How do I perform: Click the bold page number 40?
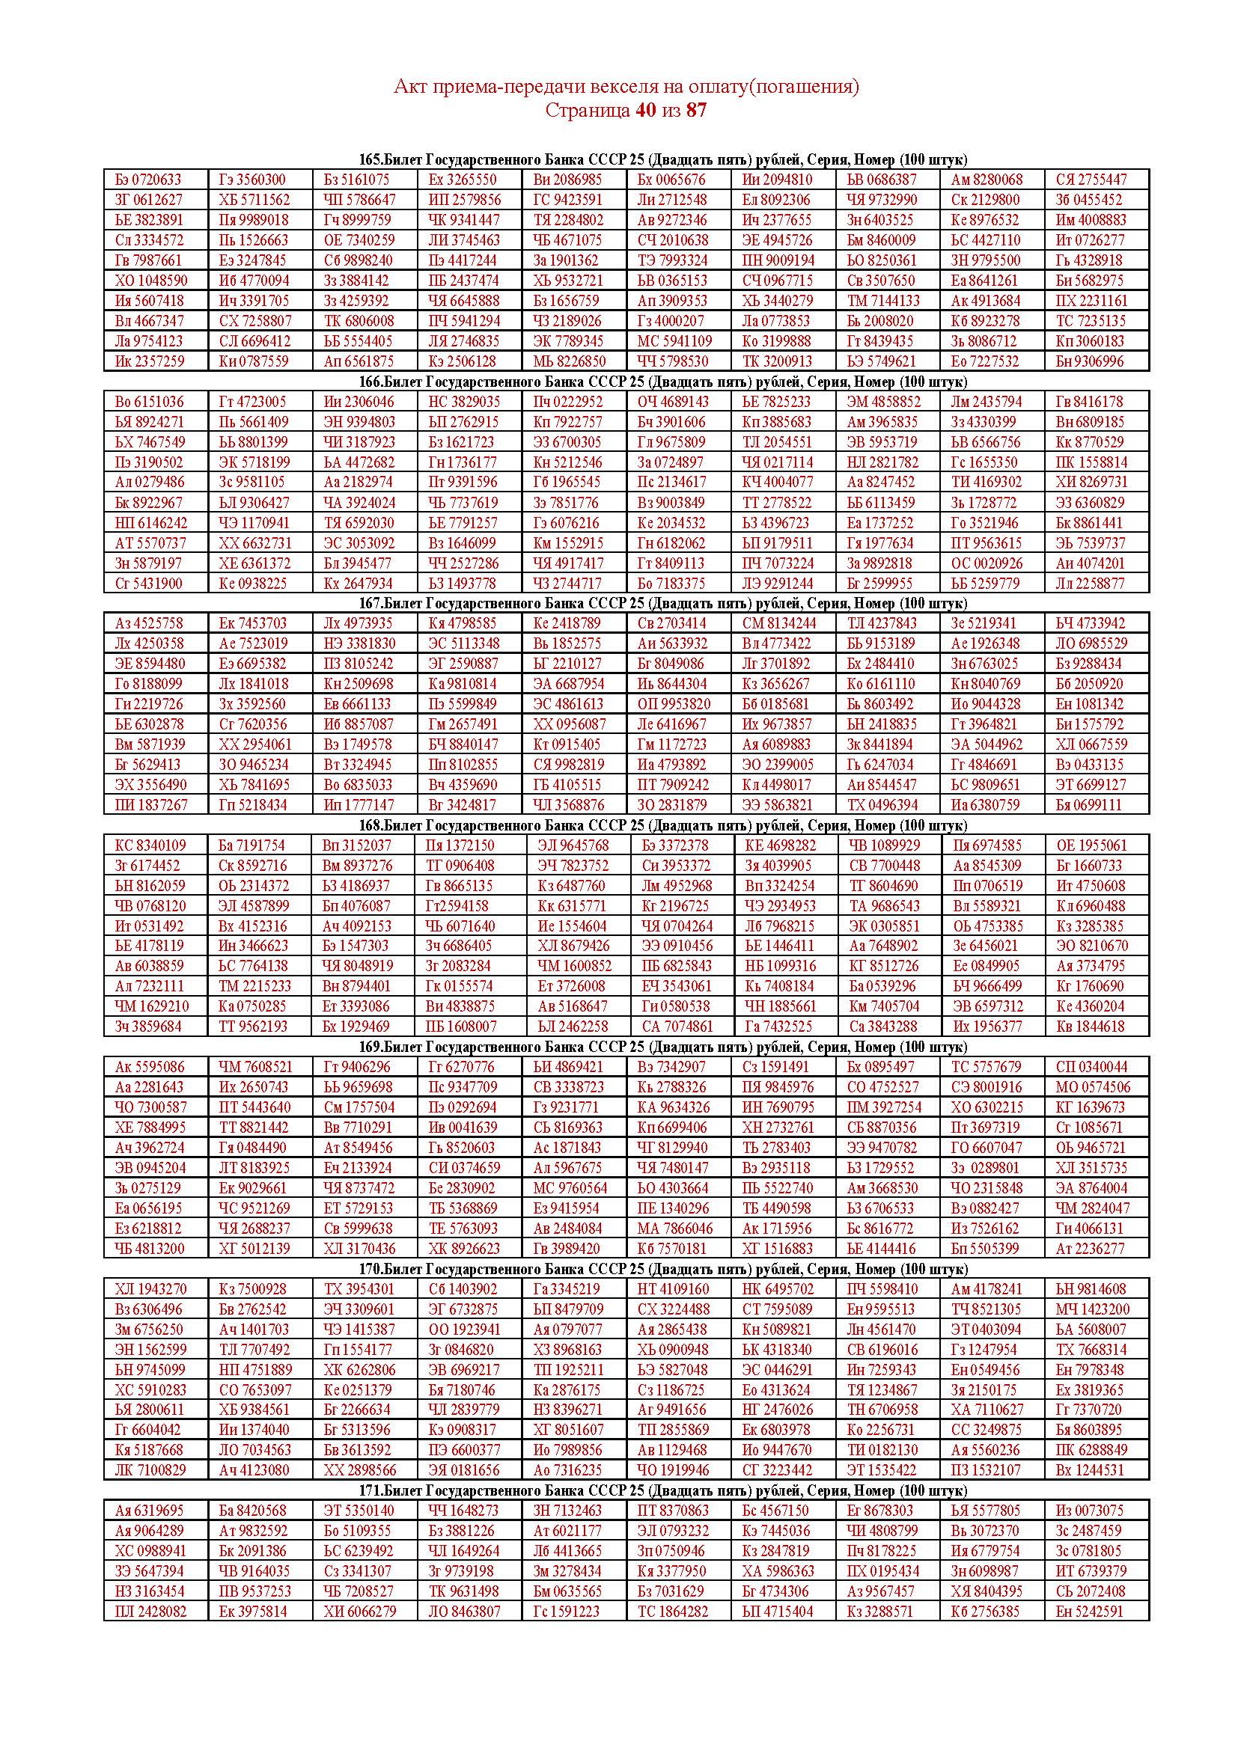(x=644, y=111)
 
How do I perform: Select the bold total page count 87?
(x=696, y=111)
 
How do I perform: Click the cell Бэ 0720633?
(x=149, y=180)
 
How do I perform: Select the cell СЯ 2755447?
(x=1090, y=180)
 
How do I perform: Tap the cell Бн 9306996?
(x=1090, y=361)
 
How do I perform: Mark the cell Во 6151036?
(x=149, y=402)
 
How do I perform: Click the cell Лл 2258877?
(x=1090, y=584)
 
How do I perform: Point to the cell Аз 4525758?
(x=149, y=623)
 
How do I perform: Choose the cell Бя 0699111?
(x=1090, y=805)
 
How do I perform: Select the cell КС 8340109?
(x=150, y=845)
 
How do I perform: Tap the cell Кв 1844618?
(x=1090, y=1027)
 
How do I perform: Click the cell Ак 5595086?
(x=150, y=1067)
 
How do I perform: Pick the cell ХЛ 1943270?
(x=150, y=1289)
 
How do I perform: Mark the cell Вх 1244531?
(x=1090, y=1470)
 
